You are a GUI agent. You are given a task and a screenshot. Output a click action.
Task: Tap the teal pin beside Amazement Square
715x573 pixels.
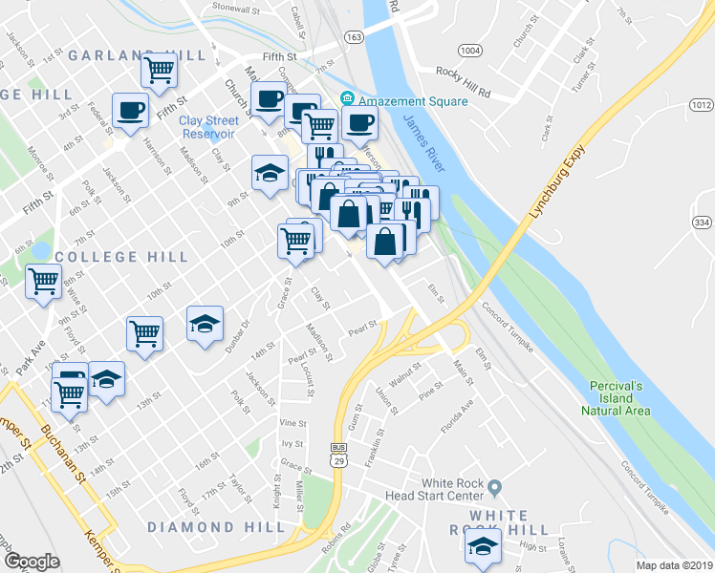pyautogui.click(x=347, y=98)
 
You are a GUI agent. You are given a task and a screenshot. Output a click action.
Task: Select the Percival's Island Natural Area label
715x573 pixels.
pyautogui.click(x=617, y=397)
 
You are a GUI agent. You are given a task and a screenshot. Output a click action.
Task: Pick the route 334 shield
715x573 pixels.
pyautogui.click(x=702, y=223)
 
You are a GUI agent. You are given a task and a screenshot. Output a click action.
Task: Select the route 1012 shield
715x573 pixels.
pyautogui.click(x=702, y=105)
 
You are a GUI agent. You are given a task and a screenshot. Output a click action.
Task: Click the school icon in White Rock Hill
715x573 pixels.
pyautogui.click(x=483, y=547)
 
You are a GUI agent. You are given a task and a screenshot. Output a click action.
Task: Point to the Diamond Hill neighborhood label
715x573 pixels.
pyautogui.click(x=217, y=526)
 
